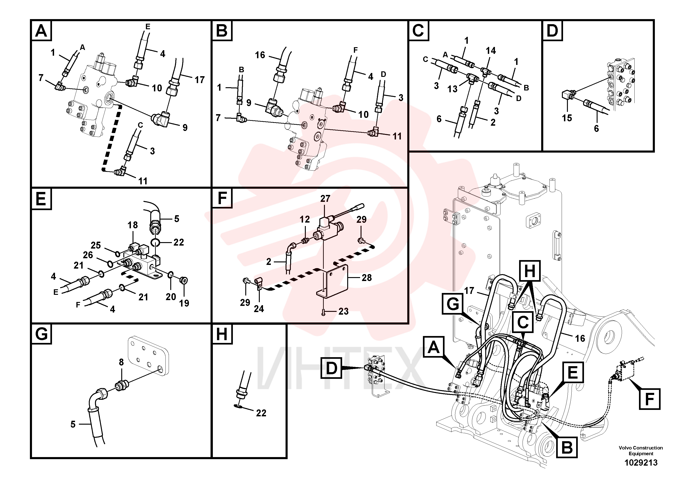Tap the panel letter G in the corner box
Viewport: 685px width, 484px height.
pos(41,334)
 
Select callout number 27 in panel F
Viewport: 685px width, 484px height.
pos(325,198)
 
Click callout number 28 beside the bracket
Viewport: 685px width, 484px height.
pos(367,278)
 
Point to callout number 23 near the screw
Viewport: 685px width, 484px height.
pos(343,312)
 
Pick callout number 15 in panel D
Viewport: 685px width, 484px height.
pos(567,118)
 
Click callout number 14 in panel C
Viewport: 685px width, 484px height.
pos(491,51)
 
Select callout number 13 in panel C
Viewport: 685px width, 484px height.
pos(452,89)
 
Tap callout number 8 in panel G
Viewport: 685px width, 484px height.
pos(121,362)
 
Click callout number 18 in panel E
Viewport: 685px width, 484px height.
pos(133,225)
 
